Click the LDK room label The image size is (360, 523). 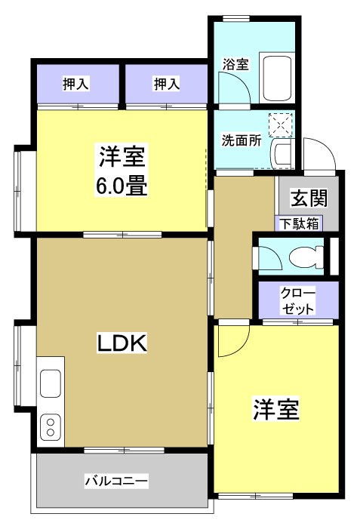point(121,343)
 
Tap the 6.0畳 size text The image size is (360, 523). point(121,184)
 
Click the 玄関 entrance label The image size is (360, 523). point(309,199)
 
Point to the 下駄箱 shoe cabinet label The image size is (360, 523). point(298,223)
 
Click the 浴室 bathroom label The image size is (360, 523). point(235,64)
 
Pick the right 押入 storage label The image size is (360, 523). point(166,84)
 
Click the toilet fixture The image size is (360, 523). point(308,255)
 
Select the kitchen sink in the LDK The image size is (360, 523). point(51,382)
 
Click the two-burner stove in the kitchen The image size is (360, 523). point(51,427)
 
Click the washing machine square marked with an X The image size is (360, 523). point(280,125)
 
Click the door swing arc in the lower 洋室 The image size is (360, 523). point(231,341)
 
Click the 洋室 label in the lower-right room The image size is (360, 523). point(275,410)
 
